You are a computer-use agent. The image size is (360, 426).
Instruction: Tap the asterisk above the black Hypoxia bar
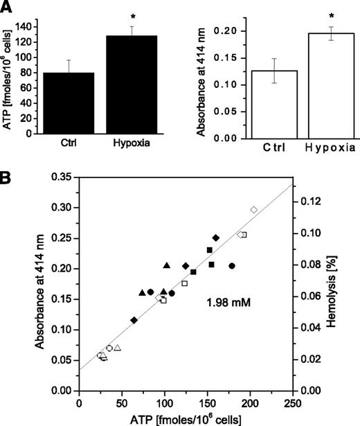(131, 13)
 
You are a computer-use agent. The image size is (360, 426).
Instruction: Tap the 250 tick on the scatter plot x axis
(293, 402)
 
